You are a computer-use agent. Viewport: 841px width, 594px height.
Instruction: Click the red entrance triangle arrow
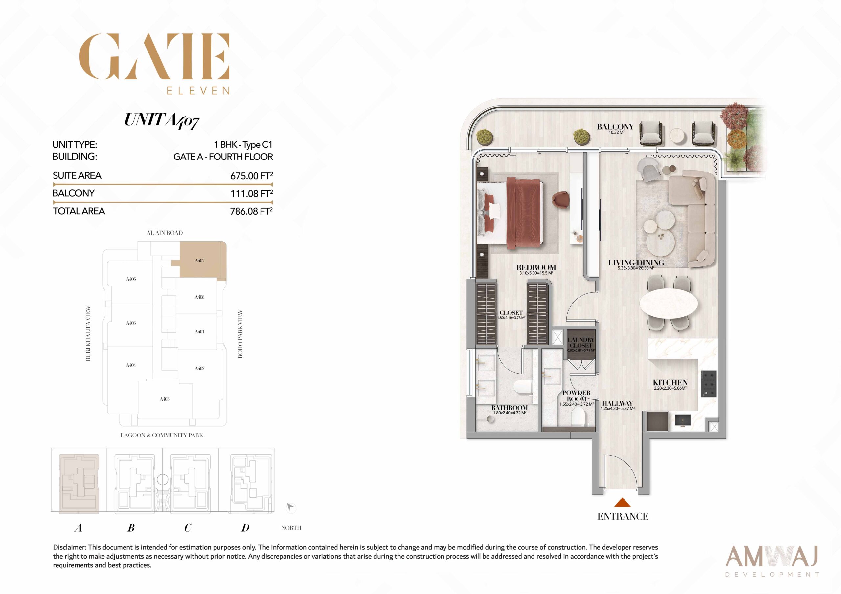pos(622,502)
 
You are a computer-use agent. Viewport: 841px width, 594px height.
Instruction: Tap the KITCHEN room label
pos(670,382)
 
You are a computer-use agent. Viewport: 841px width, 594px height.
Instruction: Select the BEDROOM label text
pos(536,267)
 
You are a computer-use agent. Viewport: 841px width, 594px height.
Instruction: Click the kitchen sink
pos(683,420)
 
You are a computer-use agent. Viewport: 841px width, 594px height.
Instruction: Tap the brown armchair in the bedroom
pos(560,201)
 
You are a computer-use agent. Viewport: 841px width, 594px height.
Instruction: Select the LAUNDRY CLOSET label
pos(581,343)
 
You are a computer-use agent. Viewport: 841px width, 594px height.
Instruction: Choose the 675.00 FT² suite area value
pos(251,175)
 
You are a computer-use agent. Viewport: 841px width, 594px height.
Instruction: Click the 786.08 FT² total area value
pos(251,211)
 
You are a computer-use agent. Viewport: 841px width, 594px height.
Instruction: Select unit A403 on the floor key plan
pos(165,399)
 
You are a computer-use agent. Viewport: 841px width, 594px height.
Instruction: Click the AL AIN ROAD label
pos(165,233)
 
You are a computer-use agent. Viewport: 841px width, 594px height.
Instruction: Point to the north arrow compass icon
pos(290,507)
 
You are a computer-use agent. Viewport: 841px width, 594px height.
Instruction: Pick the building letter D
pos(245,528)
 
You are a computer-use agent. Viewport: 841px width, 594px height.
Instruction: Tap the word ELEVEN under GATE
pos(198,90)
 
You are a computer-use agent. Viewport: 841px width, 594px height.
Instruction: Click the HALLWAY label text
pos(618,403)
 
